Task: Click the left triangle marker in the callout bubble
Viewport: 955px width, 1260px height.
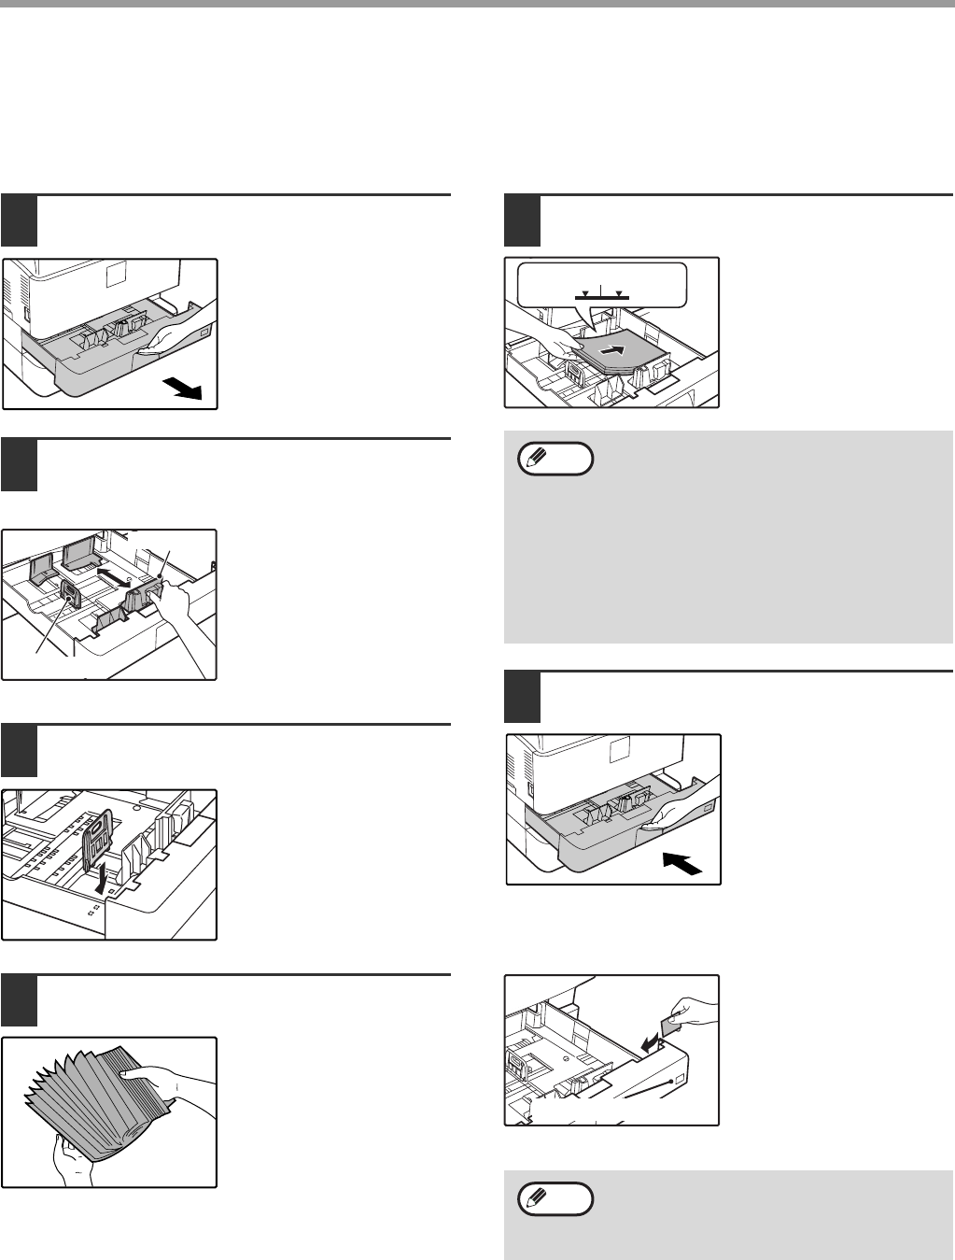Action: [584, 293]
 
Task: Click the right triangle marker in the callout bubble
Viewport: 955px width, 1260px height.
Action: [617, 293]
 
